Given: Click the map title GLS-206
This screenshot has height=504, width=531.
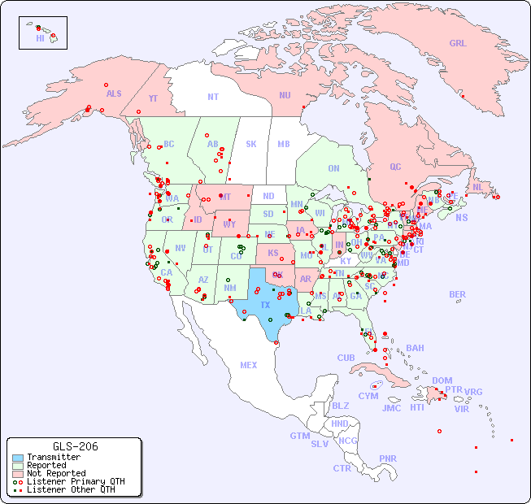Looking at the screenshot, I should point(75,446).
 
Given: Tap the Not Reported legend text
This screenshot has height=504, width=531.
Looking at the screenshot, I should point(55,473).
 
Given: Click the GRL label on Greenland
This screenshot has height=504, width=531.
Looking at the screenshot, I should point(458,44).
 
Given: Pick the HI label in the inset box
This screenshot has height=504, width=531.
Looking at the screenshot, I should point(40,38).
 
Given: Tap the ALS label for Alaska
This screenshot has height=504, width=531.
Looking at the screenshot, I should point(114,93).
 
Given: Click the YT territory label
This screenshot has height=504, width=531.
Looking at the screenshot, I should point(153,98).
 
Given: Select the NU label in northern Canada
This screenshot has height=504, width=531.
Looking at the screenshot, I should point(285,95).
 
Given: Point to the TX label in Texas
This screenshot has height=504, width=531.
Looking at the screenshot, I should point(265,305).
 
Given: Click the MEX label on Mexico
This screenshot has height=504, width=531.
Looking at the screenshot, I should point(249,365).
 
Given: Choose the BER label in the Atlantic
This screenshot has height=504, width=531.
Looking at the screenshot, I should point(458,294).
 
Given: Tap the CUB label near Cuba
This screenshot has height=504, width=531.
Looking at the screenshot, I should point(346,358).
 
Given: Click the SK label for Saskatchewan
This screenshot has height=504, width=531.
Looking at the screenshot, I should point(251,144).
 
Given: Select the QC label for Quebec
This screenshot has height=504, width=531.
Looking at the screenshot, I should point(395,167).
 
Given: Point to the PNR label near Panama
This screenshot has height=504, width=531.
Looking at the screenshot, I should point(388,458).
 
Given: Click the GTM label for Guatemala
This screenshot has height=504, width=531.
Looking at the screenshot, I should point(300,436).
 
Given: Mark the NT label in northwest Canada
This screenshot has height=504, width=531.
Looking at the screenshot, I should point(213,96).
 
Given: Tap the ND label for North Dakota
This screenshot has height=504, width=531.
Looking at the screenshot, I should point(268,196).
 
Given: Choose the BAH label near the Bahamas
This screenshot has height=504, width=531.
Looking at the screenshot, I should point(415,348).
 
